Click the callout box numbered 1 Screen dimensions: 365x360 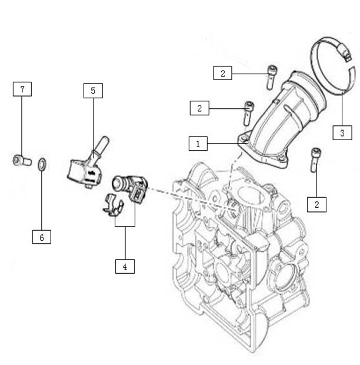[x=198, y=143]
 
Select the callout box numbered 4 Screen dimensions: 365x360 [x=125, y=266]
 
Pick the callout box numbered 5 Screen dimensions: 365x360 [x=93, y=91]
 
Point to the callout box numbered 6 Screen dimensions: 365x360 [x=42, y=237]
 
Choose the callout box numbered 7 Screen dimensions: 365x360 [x=22, y=89]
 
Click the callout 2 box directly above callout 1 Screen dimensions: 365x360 [x=199, y=108]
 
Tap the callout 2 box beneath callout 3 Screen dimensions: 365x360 [x=317, y=204]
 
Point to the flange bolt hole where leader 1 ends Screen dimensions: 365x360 [x=242, y=139]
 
